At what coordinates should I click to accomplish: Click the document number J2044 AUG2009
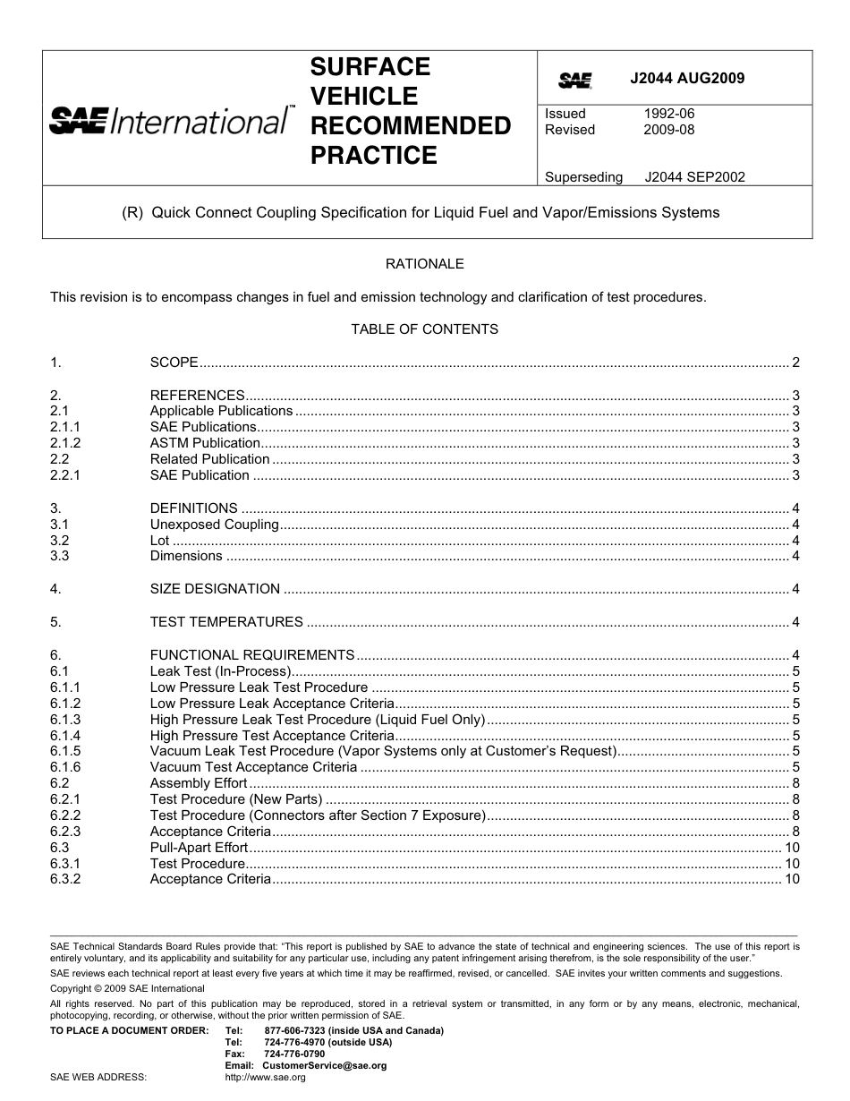coord(686,78)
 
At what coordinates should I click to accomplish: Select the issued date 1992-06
coord(668,114)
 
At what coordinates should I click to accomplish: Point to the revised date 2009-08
coord(668,130)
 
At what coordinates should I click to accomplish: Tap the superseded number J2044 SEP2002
coord(694,177)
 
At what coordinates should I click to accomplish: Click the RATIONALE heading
coord(424,264)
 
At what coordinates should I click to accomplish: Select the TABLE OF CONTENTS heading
coord(424,329)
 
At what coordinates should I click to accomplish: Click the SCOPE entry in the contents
coord(174,363)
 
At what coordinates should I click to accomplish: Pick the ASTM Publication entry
coord(205,443)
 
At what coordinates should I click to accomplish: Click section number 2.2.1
coord(65,475)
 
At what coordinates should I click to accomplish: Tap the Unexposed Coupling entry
coord(214,525)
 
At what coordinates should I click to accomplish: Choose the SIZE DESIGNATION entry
coord(215,589)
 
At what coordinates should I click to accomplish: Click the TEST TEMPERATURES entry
coord(226,622)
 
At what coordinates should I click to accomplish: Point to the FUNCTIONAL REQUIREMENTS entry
coord(252,655)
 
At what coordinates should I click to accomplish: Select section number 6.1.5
coord(65,751)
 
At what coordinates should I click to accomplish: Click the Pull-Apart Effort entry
coord(199,848)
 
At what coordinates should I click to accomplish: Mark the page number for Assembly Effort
coord(795,783)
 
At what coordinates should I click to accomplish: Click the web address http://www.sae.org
coord(265,1078)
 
